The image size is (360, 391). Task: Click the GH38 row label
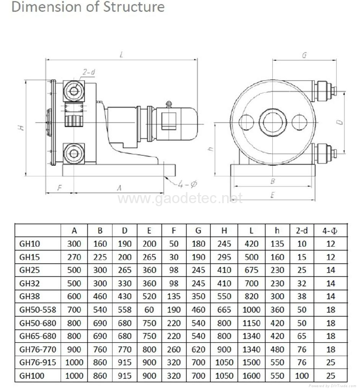pos(30,296)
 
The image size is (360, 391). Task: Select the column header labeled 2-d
pos(302,230)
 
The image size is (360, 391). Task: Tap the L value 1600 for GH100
pos(251,375)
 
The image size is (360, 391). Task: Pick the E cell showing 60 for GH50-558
pos(149,310)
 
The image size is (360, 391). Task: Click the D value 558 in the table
pos(124,310)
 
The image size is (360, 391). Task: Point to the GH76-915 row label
pos(38,362)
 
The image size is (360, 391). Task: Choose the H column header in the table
pos(224,230)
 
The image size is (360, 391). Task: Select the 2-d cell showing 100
pos(302,375)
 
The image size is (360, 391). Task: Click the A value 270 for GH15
pos(74,257)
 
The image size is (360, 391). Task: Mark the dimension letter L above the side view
pos(121,54)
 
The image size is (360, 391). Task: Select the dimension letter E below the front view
pos(273,195)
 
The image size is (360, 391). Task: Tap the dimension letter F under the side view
pos(59,187)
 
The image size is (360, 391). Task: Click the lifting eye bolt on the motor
pos(168,103)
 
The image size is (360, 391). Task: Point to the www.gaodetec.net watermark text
pos(179,199)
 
